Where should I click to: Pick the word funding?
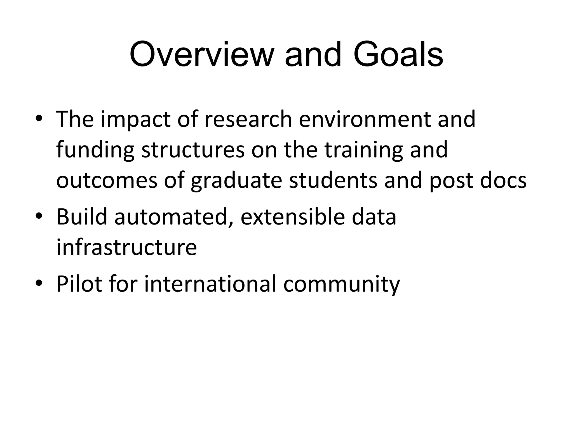(x=95, y=150)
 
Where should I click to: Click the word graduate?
(x=236, y=181)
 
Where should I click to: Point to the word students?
(x=333, y=180)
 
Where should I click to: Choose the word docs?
(x=503, y=180)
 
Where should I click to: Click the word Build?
(x=82, y=217)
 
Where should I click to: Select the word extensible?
(x=293, y=217)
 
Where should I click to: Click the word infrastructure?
(x=126, y=247)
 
